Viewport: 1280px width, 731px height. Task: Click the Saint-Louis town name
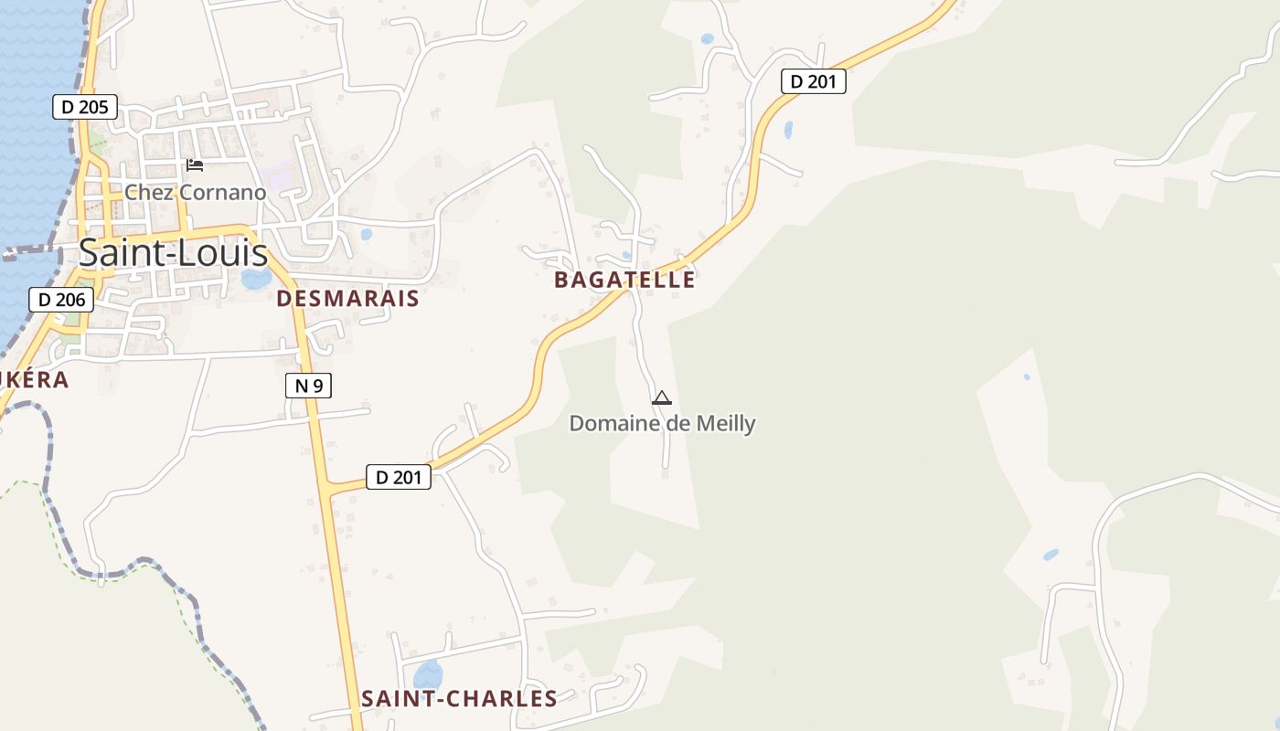173,253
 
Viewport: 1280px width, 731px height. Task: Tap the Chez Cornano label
195,192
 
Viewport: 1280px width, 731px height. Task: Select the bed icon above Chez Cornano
195,165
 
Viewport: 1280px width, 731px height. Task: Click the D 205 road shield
84,107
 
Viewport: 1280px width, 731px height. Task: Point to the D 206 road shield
61,299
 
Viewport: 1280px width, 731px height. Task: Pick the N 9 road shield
307,386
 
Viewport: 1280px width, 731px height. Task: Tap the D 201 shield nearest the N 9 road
399,476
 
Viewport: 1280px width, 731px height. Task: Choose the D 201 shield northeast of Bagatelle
814,81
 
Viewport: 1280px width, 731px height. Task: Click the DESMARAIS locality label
347,298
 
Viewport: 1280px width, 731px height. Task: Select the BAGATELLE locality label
624,280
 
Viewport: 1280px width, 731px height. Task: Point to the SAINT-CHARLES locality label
459,698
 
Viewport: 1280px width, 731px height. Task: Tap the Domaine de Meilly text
662,423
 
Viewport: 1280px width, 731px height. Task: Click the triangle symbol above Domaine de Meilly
662,397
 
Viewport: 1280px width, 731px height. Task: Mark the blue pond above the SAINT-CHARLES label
428,675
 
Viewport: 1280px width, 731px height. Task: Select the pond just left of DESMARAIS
255,278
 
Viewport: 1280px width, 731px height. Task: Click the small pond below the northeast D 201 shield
788,130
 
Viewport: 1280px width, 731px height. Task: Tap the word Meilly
724,423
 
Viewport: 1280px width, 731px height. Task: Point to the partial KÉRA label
34,379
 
